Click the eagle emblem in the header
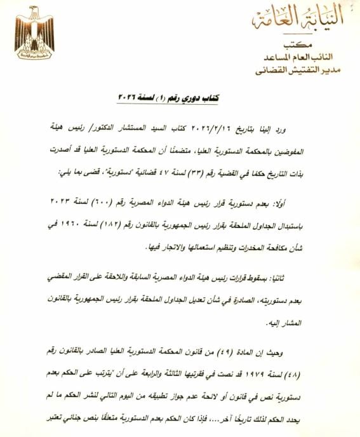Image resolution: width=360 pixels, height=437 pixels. [x=34, y=32]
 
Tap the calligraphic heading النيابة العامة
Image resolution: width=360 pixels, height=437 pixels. [x=297, y=19]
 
